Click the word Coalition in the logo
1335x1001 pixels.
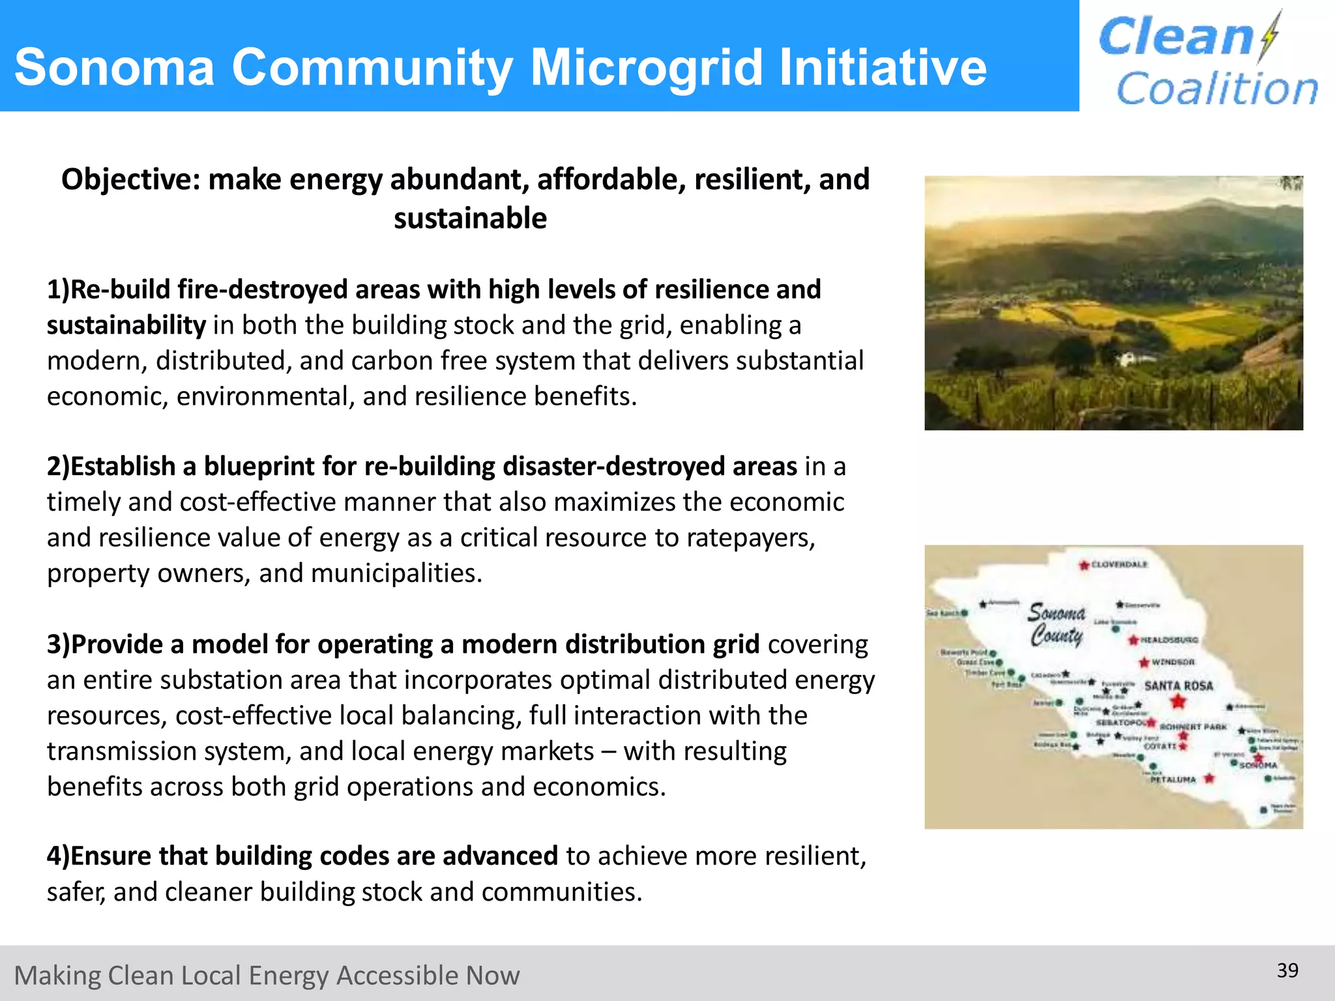(1217, 89)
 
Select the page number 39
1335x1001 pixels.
(1287, 970)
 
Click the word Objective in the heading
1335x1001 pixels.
(130, 180)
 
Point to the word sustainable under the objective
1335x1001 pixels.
(470, 218)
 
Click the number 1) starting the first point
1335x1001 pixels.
(57, 290)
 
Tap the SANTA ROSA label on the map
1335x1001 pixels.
(1179, 686)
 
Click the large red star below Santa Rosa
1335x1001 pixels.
(1178, 702)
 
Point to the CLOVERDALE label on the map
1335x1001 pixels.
(1119, 564)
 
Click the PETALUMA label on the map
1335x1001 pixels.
(1173, 779)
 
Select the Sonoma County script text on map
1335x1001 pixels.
(1057, 624)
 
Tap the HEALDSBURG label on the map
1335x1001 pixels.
(1169, 640)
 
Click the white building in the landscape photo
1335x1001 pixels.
(1126, 358)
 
